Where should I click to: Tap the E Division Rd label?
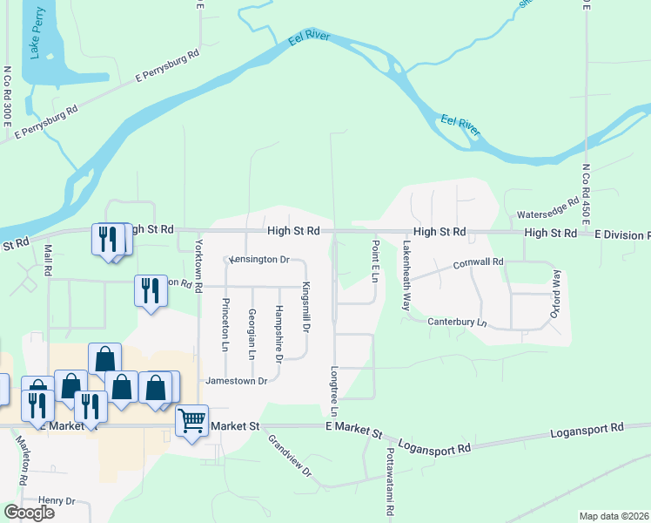(x=620, y=235)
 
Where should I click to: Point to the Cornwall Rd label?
(x=479, y=262)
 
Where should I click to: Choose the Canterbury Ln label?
(x=457, y=323)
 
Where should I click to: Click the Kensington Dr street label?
(x=258, y=260)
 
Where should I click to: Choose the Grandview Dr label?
(x=290, y=455)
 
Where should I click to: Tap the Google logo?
(x=29, y=513)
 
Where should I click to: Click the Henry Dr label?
(x=57, y=501)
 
